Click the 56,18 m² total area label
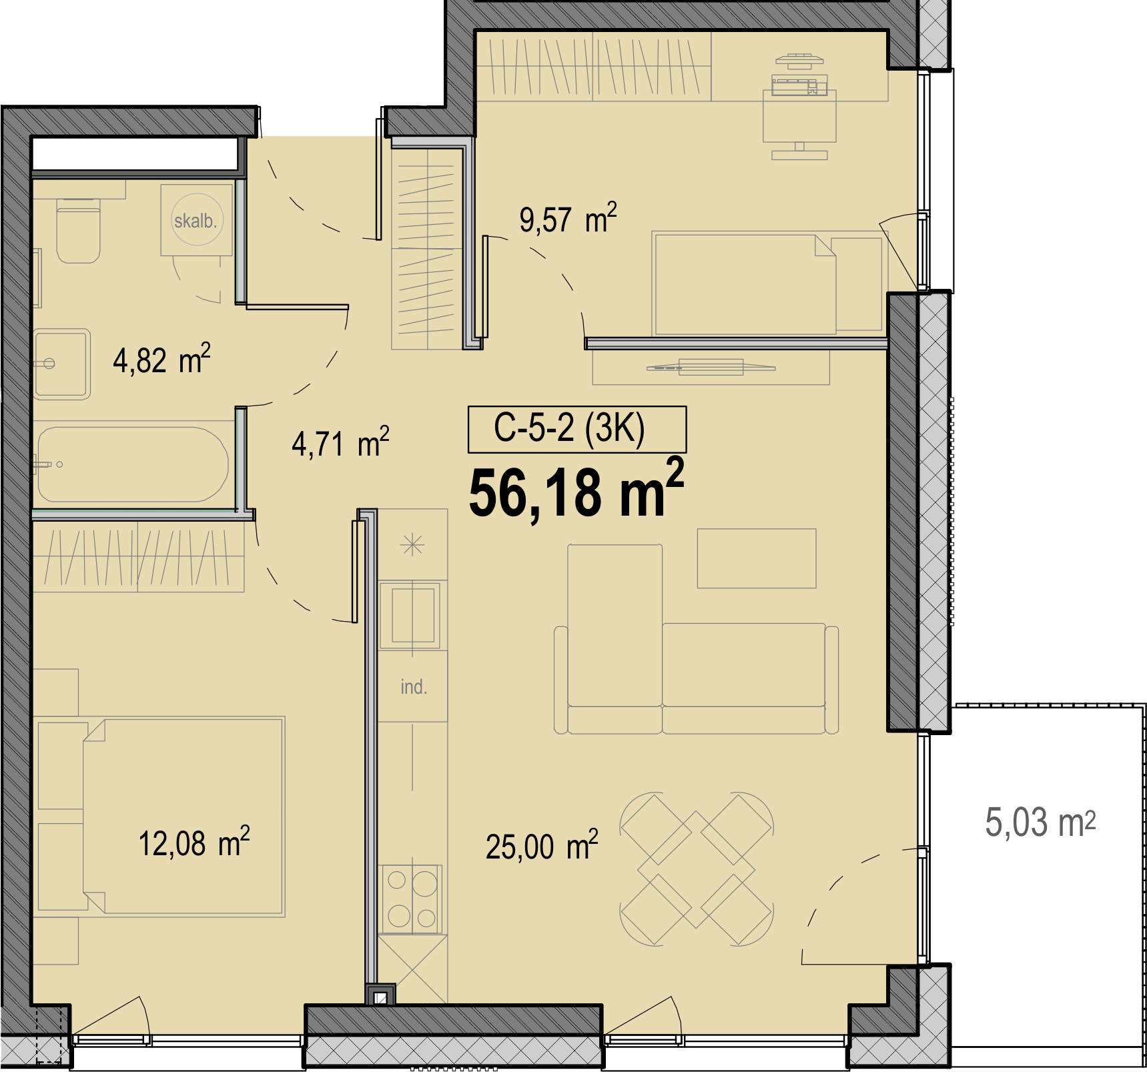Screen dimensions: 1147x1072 click(577, 490)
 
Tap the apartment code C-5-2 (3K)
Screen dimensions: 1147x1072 click(569, 428)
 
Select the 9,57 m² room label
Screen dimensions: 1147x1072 click(568, 218)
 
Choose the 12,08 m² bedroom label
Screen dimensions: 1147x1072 click(194, 842)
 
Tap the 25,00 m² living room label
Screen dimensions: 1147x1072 click(542, 845)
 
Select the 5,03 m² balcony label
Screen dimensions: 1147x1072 click(1040, 821)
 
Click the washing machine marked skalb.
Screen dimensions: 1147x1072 click(196, 220)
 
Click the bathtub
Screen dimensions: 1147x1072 click(132, 464)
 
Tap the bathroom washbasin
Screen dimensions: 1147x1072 click(61, 364)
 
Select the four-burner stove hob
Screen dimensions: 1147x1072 click(411, 899)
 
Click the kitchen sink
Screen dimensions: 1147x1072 click(412, 614)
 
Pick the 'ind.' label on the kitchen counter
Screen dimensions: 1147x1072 click(414, 686)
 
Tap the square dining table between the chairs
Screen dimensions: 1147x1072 click(697, 869)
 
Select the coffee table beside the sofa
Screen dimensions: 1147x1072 click(757, 558)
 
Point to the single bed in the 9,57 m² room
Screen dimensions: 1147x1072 click(767, 284)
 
